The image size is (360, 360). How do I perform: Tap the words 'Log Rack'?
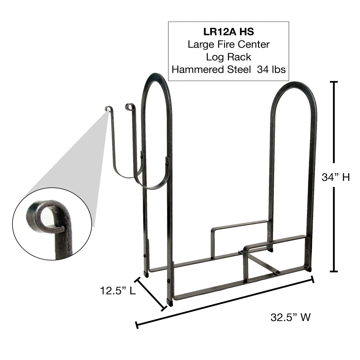click(x=228, y=57)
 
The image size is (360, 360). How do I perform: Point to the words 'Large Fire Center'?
click(x=228, y=44)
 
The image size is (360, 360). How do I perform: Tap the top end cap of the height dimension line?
click(x=334, y=82)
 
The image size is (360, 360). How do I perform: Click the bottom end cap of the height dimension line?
click(x=334, y=271)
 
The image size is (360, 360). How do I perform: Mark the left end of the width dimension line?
click(x=137, y=325)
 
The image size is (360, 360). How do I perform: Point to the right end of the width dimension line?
click(x=313, y=279)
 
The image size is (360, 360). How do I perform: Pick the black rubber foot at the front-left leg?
click(x=170, y=302)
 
